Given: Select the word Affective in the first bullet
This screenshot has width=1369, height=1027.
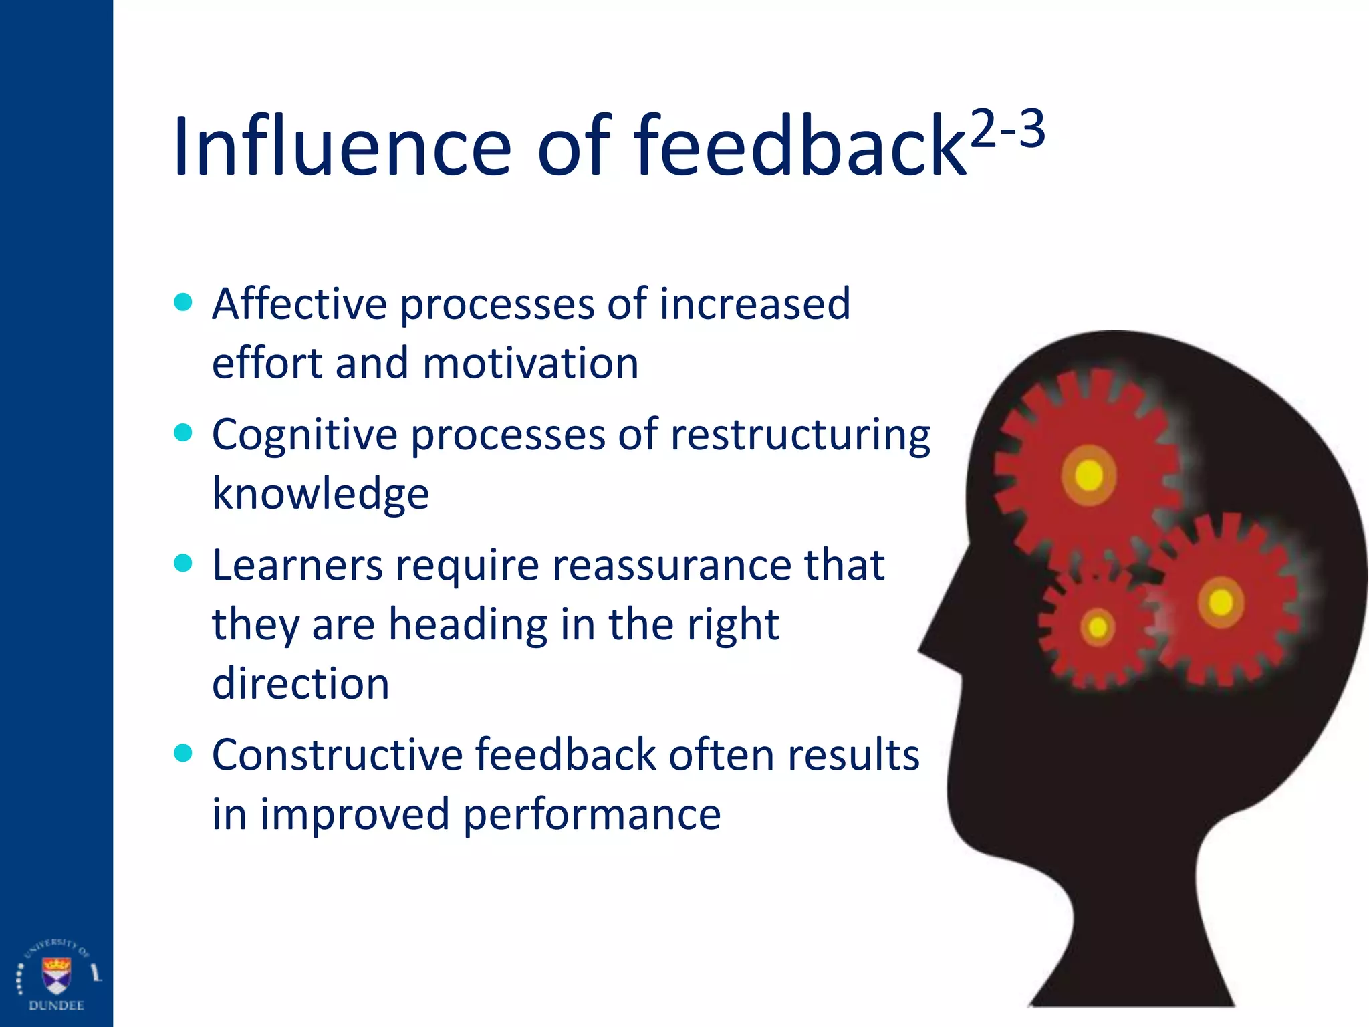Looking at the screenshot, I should click(x=299, y=304).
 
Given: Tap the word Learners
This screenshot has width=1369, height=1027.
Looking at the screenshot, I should click(x=297, y=566).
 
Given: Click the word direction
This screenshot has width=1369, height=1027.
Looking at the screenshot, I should click(x=300, y=683).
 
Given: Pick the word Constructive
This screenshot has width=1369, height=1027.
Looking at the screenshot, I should click(x=337, y=756).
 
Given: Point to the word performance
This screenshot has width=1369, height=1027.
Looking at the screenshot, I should click(x=592, y=814).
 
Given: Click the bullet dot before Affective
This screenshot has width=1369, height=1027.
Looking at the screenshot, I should click(x=182, y=302).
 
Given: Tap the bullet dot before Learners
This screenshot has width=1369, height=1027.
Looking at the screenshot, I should click(x=182, y=563).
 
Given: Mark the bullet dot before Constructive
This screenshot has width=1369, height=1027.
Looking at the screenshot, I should click(x=182, y=754).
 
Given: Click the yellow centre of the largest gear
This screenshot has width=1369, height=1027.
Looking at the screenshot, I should click(x=1089, y=475).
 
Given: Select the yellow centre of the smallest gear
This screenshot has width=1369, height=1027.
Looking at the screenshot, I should click(x=1098, y=628).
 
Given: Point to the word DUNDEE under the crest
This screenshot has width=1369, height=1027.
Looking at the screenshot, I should click(x=56, y=1006).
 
